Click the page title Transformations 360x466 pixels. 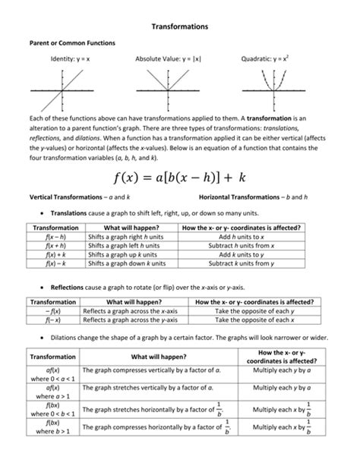(179, 27)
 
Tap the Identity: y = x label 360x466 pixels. (71, 59)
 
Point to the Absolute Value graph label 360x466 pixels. (169, 59)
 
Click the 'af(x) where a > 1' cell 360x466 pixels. (54, 392)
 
